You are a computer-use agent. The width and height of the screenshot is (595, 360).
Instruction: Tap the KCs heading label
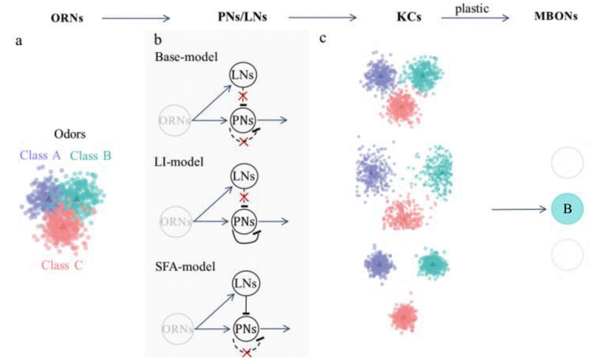404,17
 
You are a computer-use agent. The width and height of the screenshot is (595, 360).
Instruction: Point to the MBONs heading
555,17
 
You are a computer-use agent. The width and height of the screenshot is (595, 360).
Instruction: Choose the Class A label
41,156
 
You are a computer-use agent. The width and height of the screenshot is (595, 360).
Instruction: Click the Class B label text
91,156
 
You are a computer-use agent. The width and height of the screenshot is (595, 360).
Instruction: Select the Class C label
62,266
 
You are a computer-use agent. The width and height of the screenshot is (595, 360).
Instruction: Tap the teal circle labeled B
567,210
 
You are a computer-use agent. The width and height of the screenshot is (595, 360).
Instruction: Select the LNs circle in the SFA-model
246,284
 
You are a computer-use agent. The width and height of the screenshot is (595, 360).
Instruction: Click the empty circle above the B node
567,162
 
